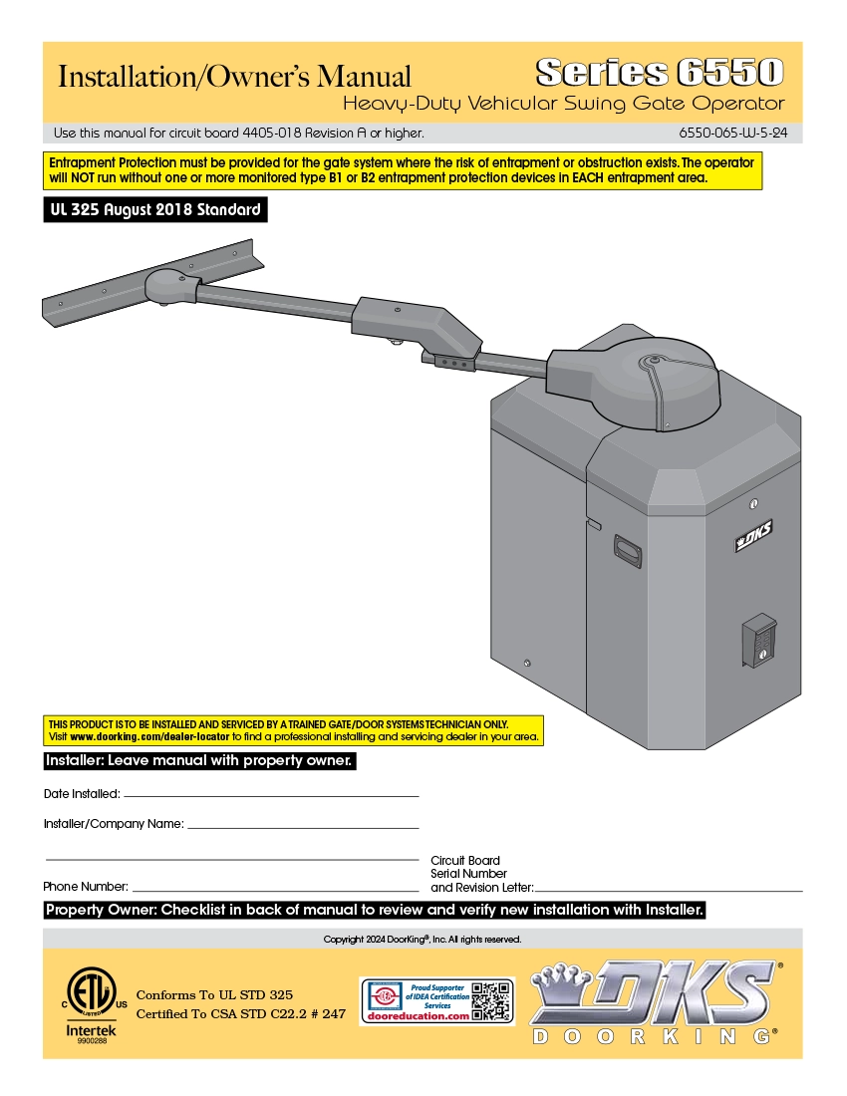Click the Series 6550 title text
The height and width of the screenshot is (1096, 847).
tap(659, 72)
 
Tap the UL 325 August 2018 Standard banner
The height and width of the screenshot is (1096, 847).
tap(155, 210)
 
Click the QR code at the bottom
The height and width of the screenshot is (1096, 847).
tap(490, 1001)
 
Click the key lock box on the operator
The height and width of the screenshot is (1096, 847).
tap(758, 640)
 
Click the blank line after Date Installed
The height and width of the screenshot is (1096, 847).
tap(270, 795)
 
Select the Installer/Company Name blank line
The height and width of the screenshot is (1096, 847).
tap(303, 827)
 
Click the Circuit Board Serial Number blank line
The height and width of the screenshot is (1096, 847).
tap(668, 889)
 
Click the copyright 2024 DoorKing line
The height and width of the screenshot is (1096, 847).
tap(423, 940)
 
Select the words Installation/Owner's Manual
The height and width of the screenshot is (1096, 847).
tap(235, 77)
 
